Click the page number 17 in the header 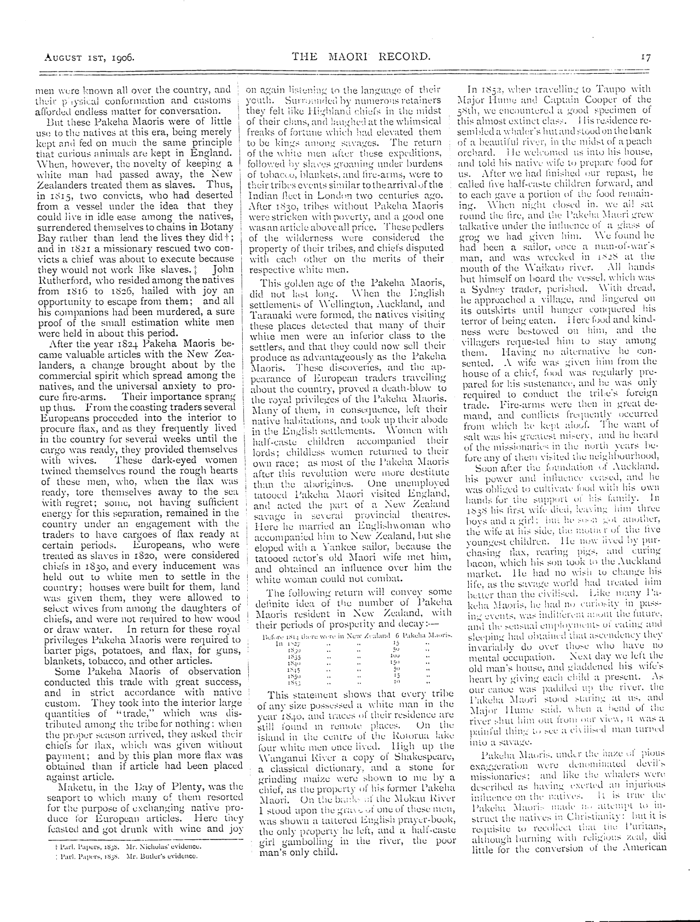645,55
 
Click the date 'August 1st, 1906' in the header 90,55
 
